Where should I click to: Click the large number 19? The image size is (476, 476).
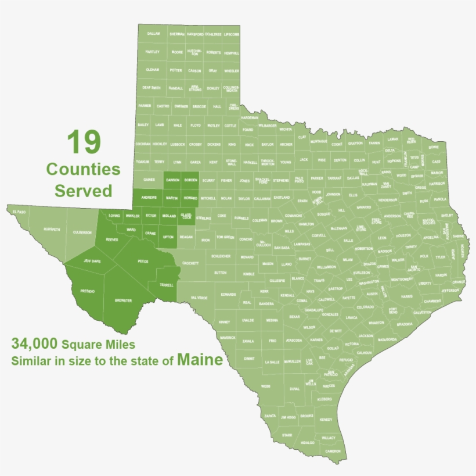tap(84, 142)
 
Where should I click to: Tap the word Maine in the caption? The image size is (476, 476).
tap(200, 360)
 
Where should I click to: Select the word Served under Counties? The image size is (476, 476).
tap(83, 190)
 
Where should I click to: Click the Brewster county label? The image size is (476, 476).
tap(123, 300)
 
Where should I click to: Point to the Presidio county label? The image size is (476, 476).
tap(88, 291)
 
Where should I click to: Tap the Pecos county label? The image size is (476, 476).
tap(143, 261)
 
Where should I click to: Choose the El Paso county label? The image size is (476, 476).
tap(19, 212)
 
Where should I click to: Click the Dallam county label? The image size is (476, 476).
tap(153, 34)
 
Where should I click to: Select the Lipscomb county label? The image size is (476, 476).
tap(231, 34)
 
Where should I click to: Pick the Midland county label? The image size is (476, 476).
tap(168, 216)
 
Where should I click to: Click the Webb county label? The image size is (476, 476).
tap(265, 386)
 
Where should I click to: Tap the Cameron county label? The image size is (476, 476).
tap(333, 451)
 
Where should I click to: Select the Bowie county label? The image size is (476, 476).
tap(434, 147)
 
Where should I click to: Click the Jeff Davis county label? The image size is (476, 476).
tap(92, 261)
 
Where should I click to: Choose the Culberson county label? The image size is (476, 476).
tap(82, 232)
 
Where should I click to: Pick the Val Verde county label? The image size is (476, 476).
tap(199, 298)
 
